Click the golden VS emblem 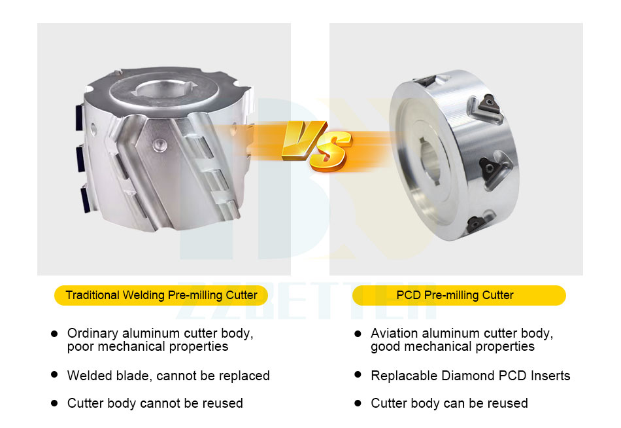click(x=317, y=145)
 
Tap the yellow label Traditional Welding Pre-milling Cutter click(x=161, y=296)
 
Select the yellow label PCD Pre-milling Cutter click(x=459, y=296)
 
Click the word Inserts click(x=550, y=375)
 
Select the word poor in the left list click(x=80, y=347)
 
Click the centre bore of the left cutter click(x=163, y=90)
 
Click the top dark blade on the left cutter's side click(x=79, y=117)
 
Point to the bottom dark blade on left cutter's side click(x=86, y=199)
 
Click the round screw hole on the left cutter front click(x=159, y=145)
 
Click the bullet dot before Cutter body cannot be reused click(x=55, y=403)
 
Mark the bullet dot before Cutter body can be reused click(x=358, y=403)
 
